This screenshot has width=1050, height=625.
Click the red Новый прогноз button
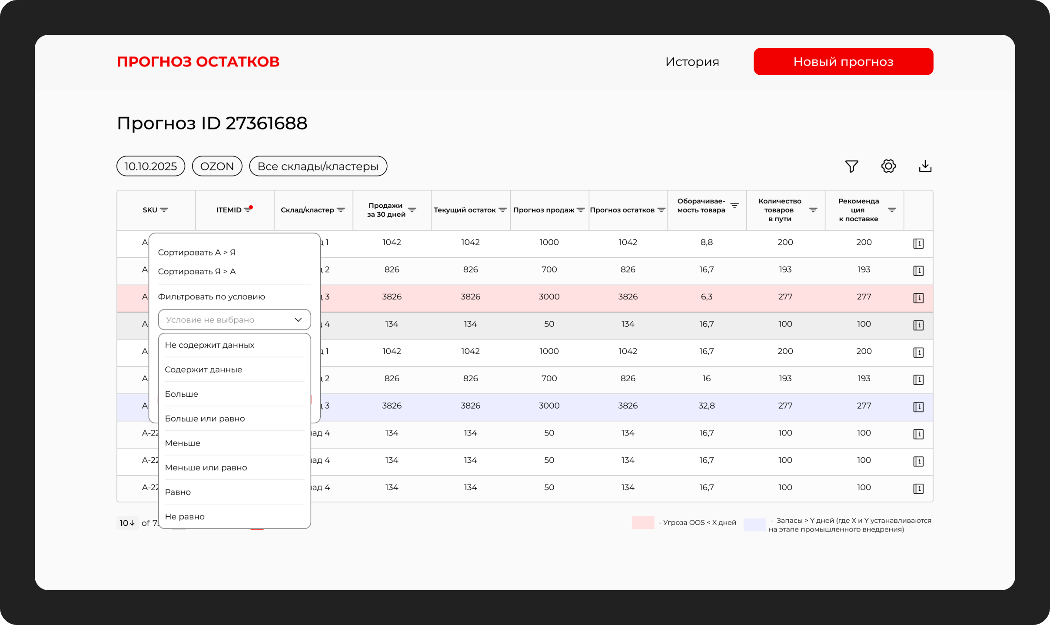pyautogui.click(x=843, y=62)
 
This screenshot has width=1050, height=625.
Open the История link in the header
pyautogui.click(x=692, y=62)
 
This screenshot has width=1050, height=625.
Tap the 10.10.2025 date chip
pyautogui.click(x=151, y=166)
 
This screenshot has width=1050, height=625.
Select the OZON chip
pyautogui.click(x=217, y=166)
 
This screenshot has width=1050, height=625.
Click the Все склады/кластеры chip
pyautogui.click(x=318, y=166)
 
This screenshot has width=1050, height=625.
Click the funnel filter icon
pyautogui.click(x=851, y=166)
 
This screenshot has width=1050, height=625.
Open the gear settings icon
pyautogui.click(x=888, y=166)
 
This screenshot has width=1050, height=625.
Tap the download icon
pyautogui.click(x=925, y=166)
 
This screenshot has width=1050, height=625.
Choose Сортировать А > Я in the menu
pyautogui.click(x=197, y=253)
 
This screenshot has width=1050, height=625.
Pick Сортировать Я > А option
pyautogui.click(x=197, y=272)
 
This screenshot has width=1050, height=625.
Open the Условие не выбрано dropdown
pyautogui.click(x=234, y=320)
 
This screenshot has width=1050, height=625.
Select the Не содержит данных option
pyautogui.click(x=209, y=345)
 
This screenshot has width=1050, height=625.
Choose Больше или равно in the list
pyautogui.click(x=205, y=419)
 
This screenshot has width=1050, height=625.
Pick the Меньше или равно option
pyautogui.click(x=206, y=468)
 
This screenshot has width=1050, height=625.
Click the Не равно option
pyautogui.click(x=185, y=517)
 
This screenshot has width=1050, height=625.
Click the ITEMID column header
pyautogui.click(x=229, y=210)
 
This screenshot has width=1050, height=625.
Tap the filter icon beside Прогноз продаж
pyautogui.click(x=580, y=210)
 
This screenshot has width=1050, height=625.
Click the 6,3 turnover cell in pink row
pyautogui.click(x=706, y=297)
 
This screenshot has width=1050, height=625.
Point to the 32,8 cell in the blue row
pyautogui.click(x=706, y=406)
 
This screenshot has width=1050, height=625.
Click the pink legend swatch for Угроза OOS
pyautogui.click(x=642, y=522)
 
